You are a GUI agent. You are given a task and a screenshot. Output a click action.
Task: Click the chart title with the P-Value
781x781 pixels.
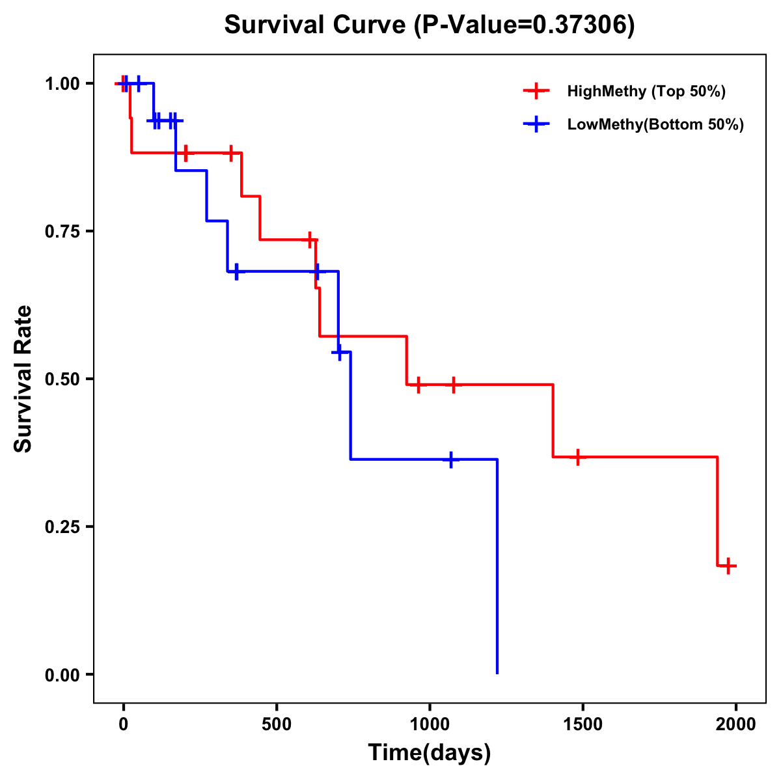(429, 25)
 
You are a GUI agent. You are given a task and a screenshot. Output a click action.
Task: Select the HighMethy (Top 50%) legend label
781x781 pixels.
(646, 91)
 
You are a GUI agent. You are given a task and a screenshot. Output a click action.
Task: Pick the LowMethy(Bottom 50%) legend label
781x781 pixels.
(655, 124)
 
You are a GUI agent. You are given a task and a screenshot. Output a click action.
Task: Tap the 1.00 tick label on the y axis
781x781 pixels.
(62, 84)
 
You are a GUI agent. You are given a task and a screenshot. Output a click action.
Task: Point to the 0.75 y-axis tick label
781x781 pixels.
(62, 232)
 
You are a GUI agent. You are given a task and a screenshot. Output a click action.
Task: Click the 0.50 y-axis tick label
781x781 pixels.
(62, 379)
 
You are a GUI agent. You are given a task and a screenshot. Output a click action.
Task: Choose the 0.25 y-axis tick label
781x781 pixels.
(62, 527)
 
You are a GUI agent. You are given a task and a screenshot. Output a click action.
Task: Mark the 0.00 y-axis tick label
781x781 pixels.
(62, 675)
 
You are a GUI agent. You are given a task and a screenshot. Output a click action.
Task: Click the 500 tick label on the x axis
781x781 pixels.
(277, 724)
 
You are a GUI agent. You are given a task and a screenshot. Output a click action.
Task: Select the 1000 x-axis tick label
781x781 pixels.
(430, 724)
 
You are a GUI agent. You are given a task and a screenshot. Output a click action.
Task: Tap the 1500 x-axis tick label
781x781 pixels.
(582, 724)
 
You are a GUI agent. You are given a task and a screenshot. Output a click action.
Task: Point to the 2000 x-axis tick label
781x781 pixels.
(736, 724)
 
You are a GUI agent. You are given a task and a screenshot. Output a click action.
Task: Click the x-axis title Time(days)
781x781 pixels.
(430, 753)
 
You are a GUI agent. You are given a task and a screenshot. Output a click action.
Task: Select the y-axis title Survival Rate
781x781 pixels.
(23, 379)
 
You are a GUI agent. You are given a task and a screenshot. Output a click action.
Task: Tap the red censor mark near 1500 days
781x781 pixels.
(577, 457)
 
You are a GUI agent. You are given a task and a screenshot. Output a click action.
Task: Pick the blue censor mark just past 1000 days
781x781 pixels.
(450, 459)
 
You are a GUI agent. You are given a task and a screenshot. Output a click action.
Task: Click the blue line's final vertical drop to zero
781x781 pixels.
(497, 566)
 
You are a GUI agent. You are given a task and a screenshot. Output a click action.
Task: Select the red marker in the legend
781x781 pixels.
(536, 91)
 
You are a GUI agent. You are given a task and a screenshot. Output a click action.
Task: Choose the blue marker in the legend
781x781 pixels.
(536, 124)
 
